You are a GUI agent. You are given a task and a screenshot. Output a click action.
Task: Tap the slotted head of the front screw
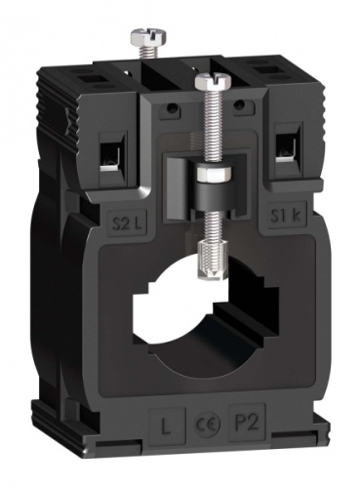point(208,79)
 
